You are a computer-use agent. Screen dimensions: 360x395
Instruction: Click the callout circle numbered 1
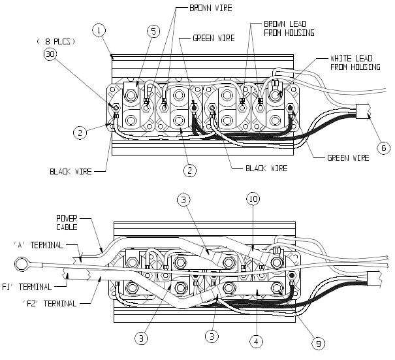(x=99, y=30)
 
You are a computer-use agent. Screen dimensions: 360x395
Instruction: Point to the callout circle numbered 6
(x=384, y=148)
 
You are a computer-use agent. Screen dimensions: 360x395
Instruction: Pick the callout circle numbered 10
(x=254, y=198)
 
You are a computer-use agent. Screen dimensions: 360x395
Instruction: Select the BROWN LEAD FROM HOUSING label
(x=289, y=27)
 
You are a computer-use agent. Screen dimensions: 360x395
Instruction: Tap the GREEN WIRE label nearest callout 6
(x=343, y=157)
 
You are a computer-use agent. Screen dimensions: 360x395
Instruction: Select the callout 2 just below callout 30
(x=78, y=133)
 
